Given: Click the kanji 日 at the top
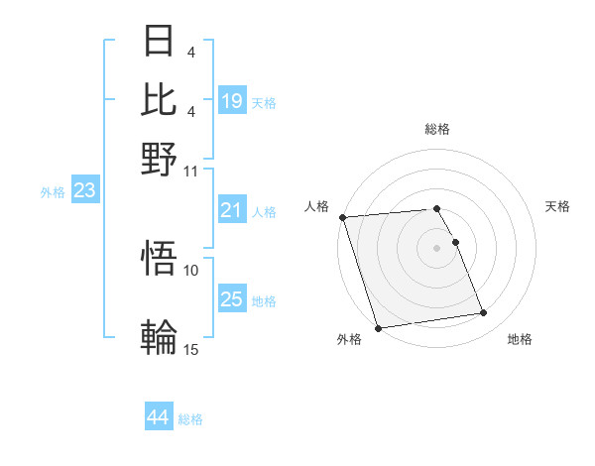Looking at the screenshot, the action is point(159,42).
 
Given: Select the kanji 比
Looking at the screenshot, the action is point(159,99).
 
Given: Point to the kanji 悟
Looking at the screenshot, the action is point(159,260).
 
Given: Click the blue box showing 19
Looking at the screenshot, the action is point(232,100).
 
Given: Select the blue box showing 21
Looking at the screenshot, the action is point(232,210).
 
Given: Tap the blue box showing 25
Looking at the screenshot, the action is point(232,299).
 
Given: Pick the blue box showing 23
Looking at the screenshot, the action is point(84,190).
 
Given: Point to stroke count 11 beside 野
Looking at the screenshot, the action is point(191,170).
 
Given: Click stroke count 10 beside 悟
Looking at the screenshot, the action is point(191,270).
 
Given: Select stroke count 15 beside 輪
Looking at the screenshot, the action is point(191,348).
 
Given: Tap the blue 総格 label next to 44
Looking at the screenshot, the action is point(190,419).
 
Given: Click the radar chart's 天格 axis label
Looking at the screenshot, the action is point(558,206).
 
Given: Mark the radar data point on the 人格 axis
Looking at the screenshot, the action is point(342,217).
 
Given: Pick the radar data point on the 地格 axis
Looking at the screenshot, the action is point(484,313).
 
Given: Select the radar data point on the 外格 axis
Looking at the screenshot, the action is point(378,327).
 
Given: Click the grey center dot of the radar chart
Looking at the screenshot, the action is point(436,247).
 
